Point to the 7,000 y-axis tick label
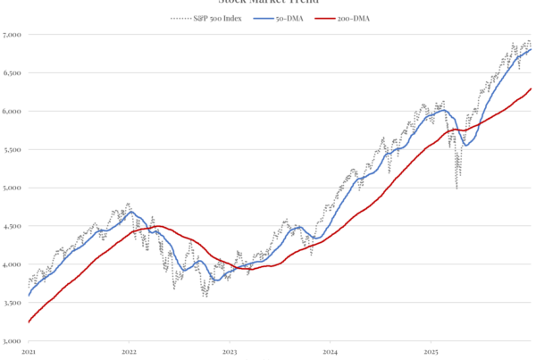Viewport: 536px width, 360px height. click(x=13, y=35)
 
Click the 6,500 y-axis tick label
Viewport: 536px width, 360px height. click(x=13, y=73)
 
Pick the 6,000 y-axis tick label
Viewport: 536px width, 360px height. click(x=13, y=112)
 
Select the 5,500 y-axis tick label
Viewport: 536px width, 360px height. click(x=13, y=150)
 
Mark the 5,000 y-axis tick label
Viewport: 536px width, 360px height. click(x=13, y=188)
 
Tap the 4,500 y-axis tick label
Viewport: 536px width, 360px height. click(x=13, y=227)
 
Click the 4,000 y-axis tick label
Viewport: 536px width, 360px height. click(x=13, y=265)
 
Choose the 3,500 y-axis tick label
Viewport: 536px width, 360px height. click(x=13, y=304)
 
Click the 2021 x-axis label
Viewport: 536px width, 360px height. click(x=29, y=352)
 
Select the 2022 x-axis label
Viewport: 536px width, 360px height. click(x=129, y=352)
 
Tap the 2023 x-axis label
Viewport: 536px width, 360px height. click(x=229, y=352)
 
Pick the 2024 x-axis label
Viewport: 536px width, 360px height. click(x=329, y=352)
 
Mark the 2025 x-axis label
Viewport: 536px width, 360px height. click(x=429, y=352)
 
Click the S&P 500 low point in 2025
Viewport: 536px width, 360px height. click(x=457, y=188)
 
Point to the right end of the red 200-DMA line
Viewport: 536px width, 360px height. click(x=532, y=88)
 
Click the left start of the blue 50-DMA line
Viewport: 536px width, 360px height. click(x=29, y=295)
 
